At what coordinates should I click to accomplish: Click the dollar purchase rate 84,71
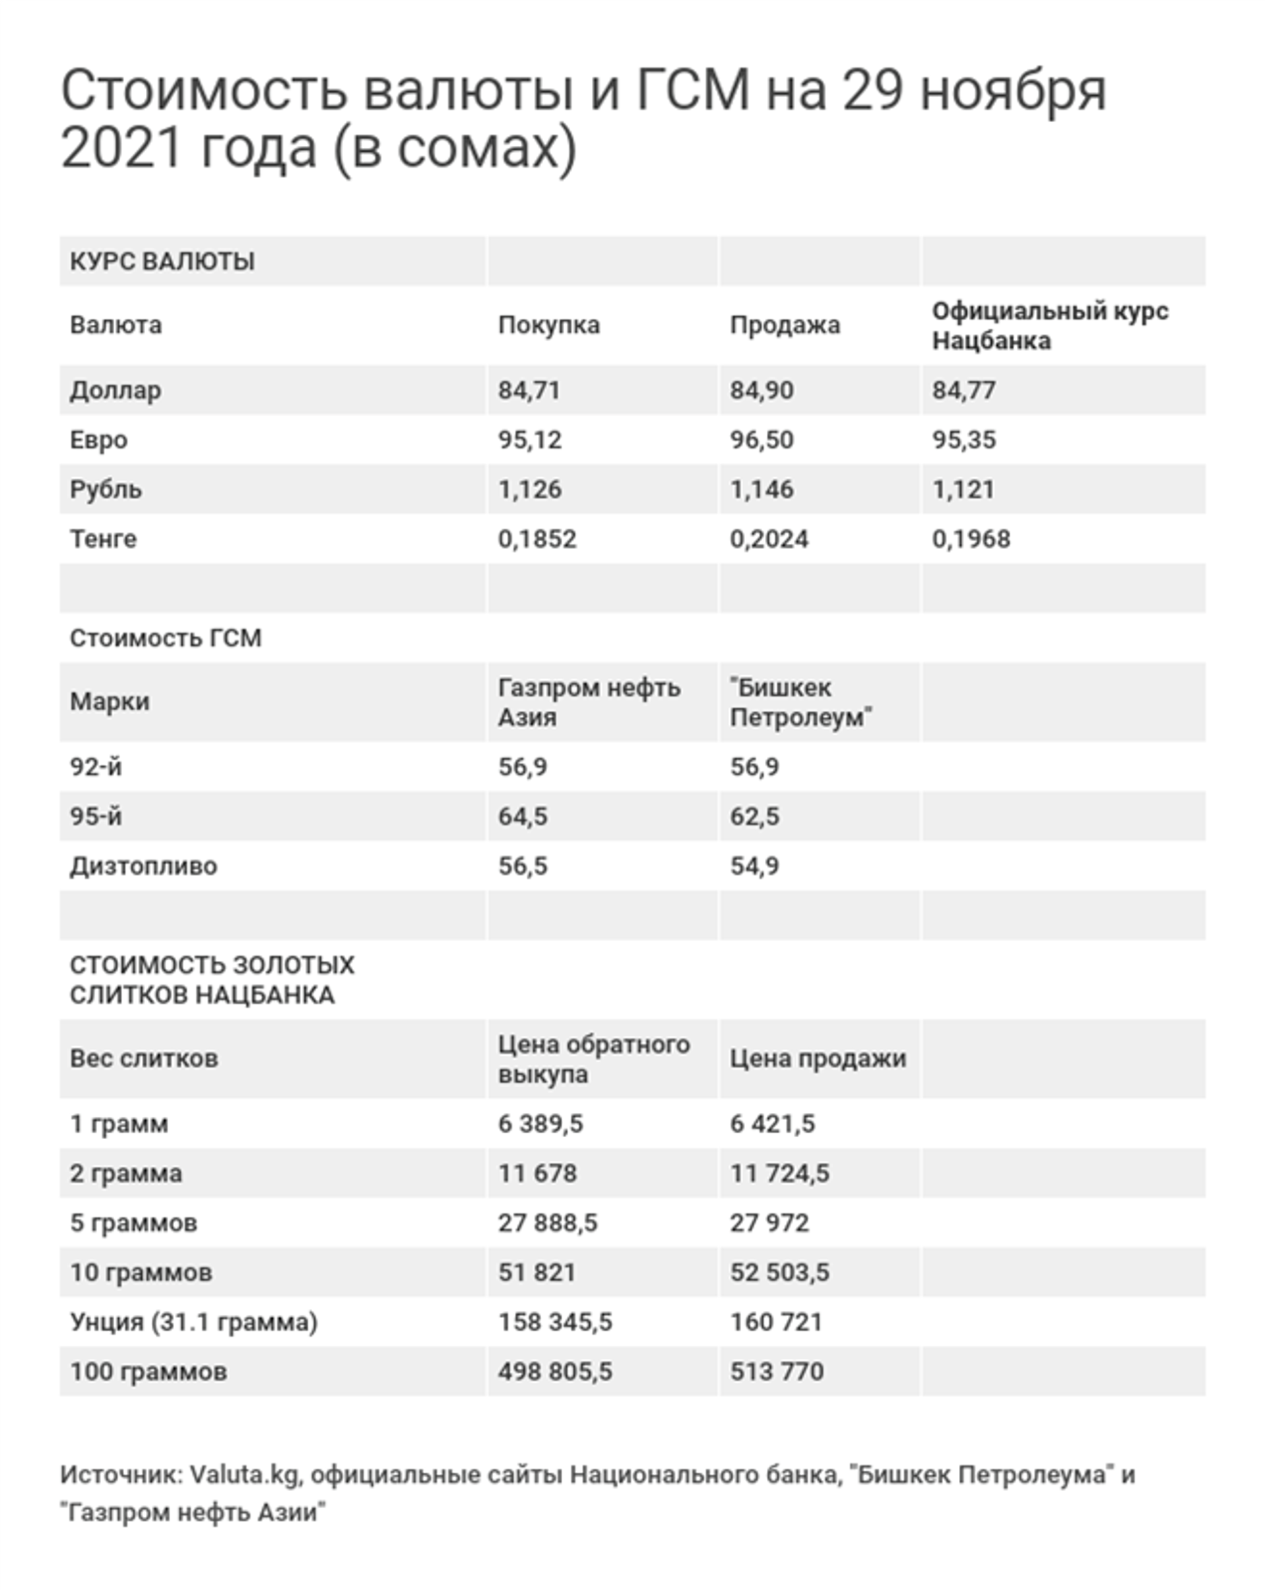[x=529, y=390]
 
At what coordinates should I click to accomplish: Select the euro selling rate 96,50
[x=761, y=440]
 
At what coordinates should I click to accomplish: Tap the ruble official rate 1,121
[x=963, y=489]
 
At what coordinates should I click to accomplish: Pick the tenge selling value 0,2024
[x=769, y=539]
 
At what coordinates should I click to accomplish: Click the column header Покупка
[x=548, y=325]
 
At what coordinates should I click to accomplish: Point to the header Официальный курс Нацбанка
[x=1049, y=325]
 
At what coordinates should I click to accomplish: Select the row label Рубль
[x=106, y=489]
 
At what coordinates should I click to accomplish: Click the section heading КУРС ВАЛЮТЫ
[x=162, y=261]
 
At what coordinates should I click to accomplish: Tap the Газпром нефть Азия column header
[x=589, y=702]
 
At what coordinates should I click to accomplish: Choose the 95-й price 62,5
[x=754, y=816]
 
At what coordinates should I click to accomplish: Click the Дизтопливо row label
[x=143, y=866]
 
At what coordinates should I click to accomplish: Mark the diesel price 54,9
[x=754, y=866]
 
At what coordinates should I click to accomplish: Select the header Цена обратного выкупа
[x=593, y=1059]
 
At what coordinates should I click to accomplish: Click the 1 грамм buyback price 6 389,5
[x=540, y=1124]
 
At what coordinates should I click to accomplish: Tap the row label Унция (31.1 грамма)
[x=193, y=1321]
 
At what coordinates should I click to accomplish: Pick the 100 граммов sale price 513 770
[x=776, y=1371]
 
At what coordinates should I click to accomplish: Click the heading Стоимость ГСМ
[x=165, y=638]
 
